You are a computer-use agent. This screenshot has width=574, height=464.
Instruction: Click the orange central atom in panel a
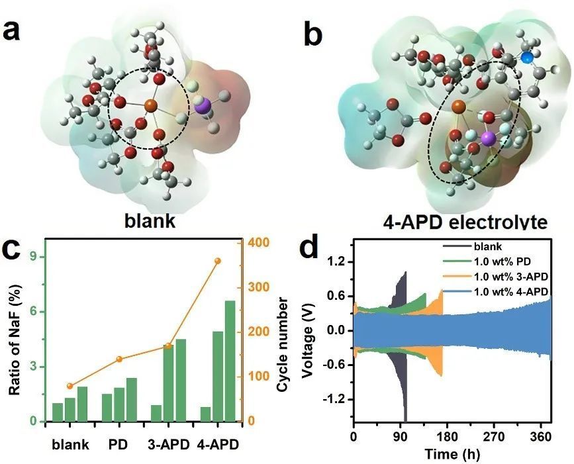[150, 105]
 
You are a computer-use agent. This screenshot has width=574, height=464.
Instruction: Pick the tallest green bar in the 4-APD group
[230, 361]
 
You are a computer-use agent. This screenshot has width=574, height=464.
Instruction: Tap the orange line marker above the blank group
[70, 386]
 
